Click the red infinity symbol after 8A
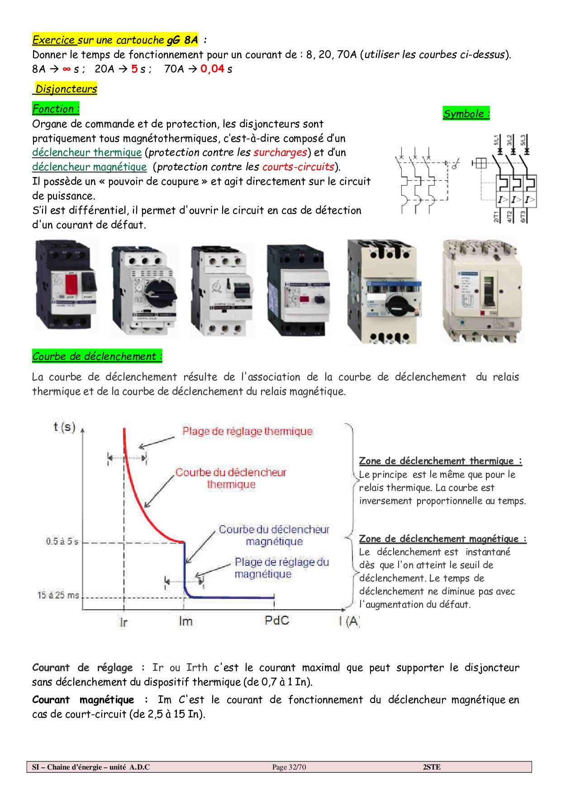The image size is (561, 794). pos(67,69)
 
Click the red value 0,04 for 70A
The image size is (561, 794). pos(212,69)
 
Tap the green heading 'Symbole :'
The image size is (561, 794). pos(466,114)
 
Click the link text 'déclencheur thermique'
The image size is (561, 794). pos(87,153)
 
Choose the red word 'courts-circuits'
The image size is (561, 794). pos(298,167)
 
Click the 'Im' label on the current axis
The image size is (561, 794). pos(185,621)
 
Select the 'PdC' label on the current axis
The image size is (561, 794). pos(276,620)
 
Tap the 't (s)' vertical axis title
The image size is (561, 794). pos(64,427)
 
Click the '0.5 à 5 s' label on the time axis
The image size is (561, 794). pos(62,541)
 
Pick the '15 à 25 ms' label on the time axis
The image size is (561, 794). pos(58,595)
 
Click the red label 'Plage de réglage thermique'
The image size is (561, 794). pos(247,431)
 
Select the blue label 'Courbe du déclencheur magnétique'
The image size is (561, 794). pos(274,536)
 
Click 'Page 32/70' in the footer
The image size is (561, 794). pos(289,767)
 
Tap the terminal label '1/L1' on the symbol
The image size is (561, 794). pos(496,139)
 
